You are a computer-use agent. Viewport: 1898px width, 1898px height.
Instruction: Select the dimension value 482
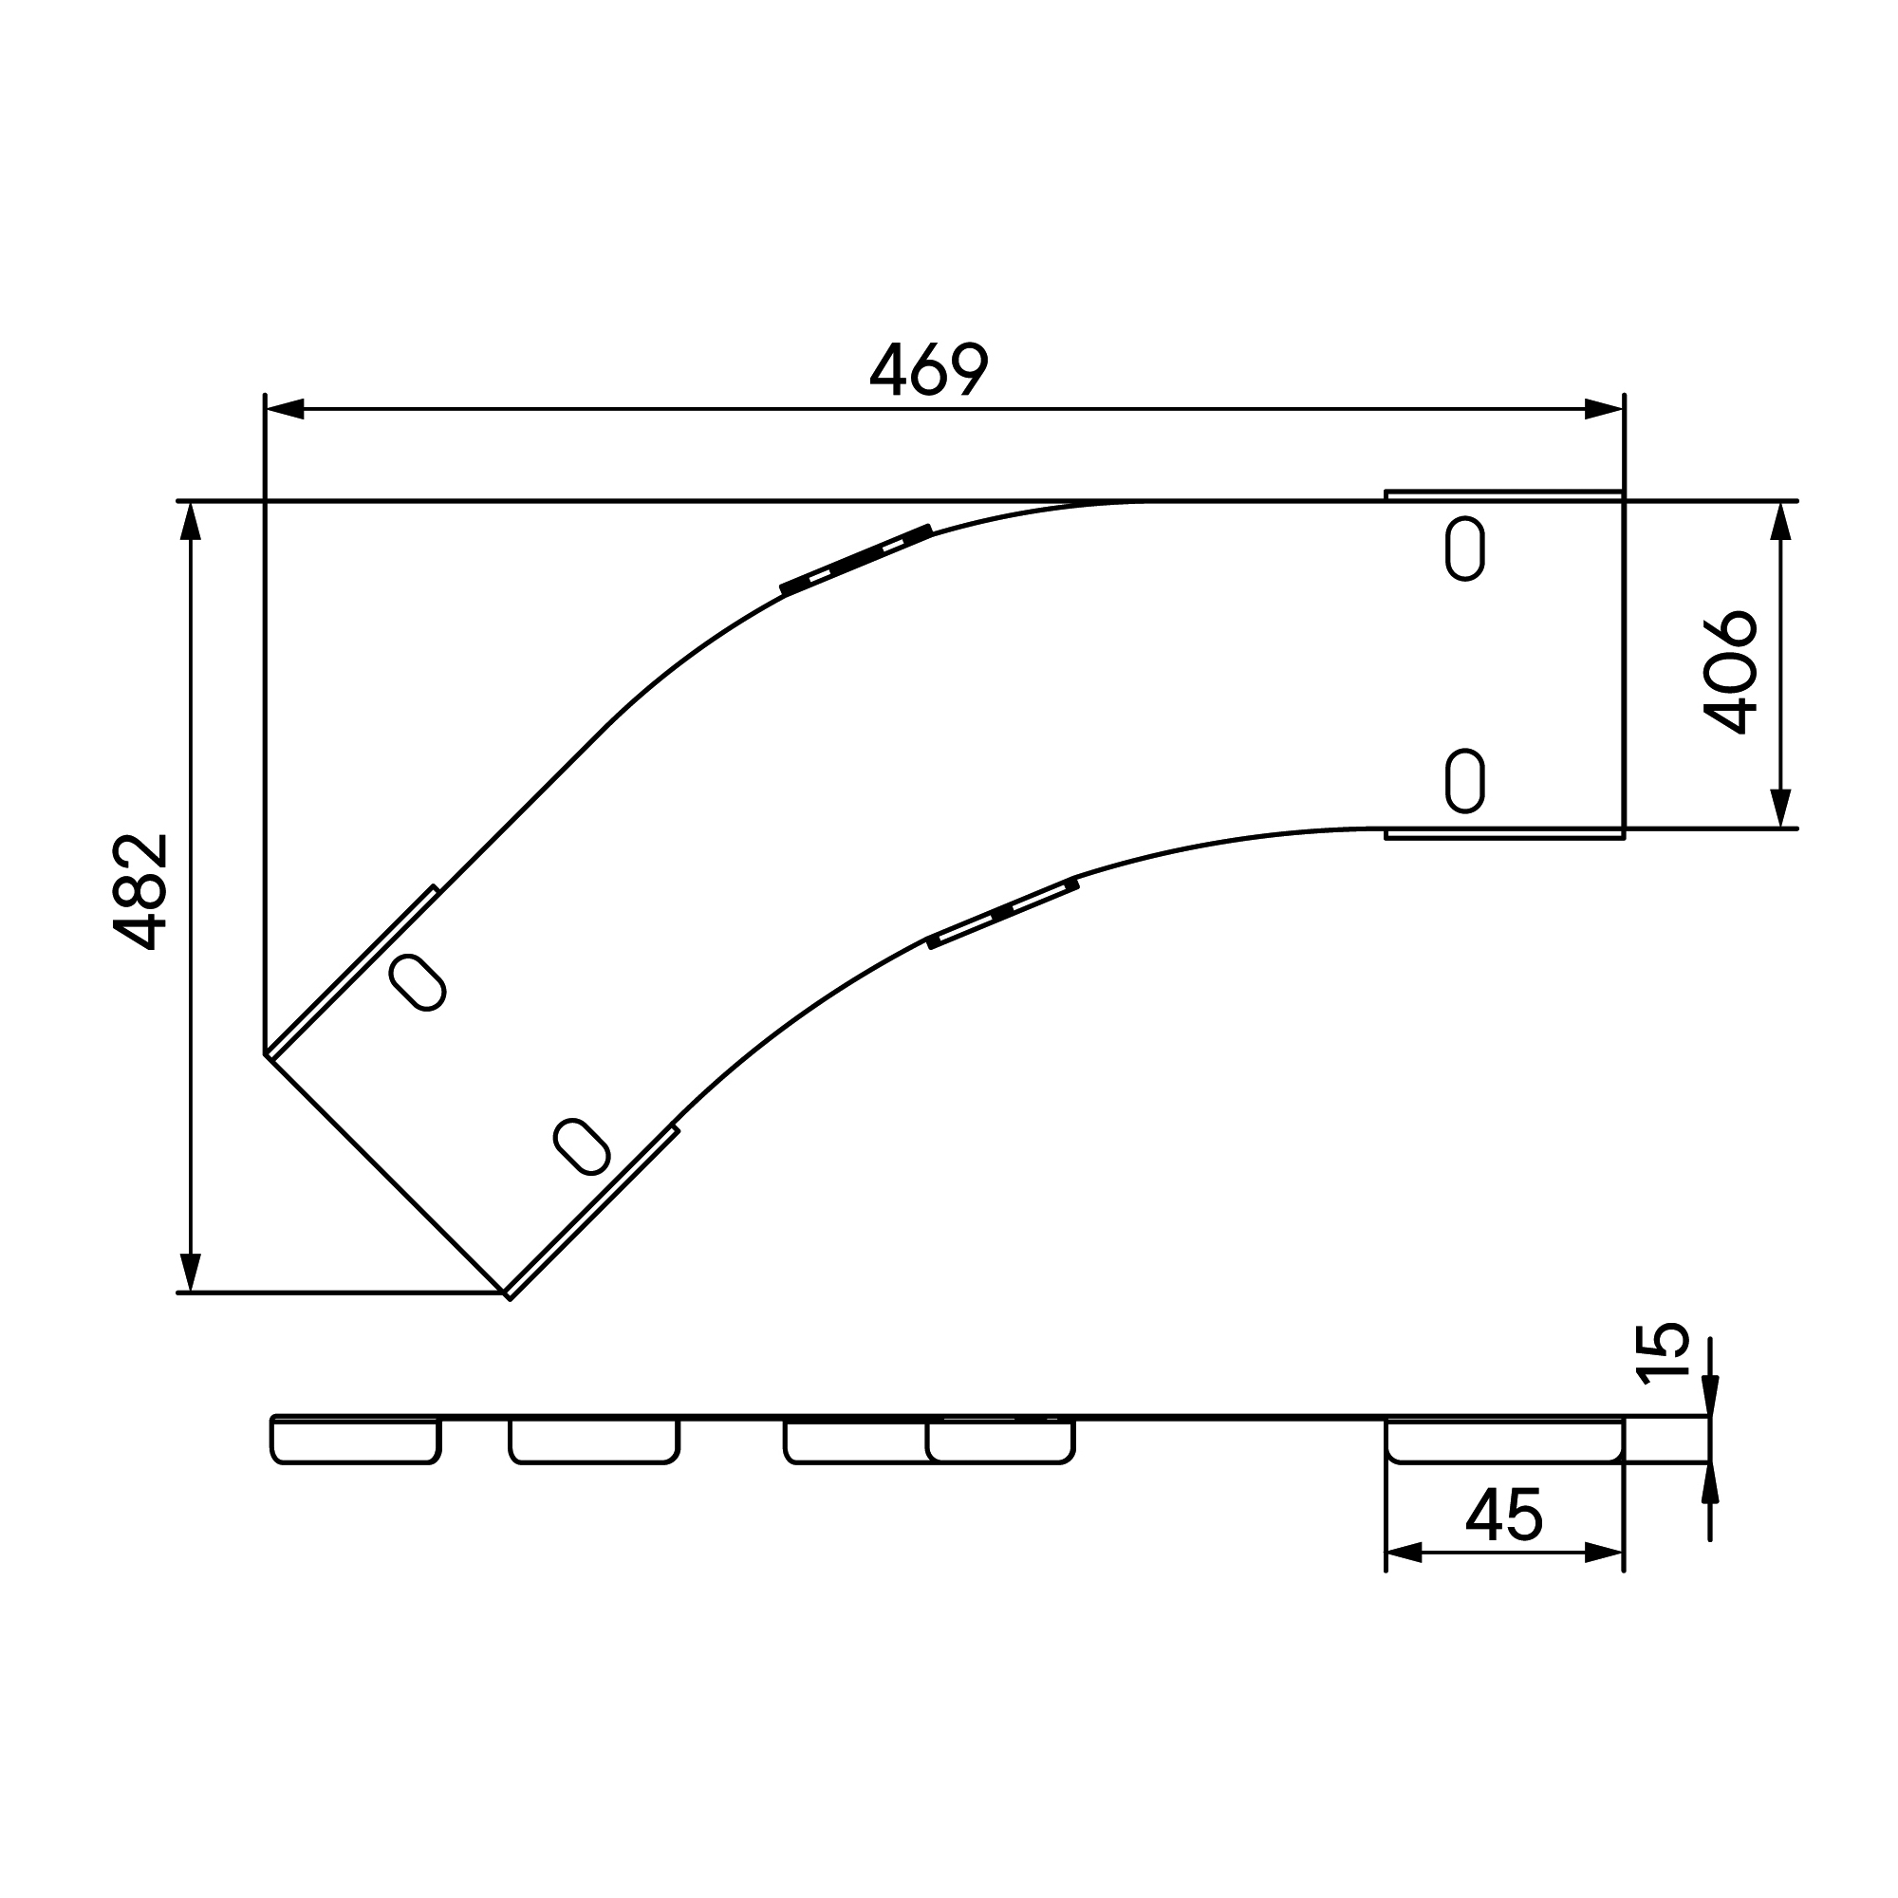[140, 892]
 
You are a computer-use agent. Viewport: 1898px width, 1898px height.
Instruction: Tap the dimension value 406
[1730, 673]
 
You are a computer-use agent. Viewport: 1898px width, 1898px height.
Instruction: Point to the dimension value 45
[1504, 1514]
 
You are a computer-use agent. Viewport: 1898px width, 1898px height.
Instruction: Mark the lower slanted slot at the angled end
[582, 1146]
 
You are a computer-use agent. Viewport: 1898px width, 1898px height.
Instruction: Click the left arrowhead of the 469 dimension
[285, 410]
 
